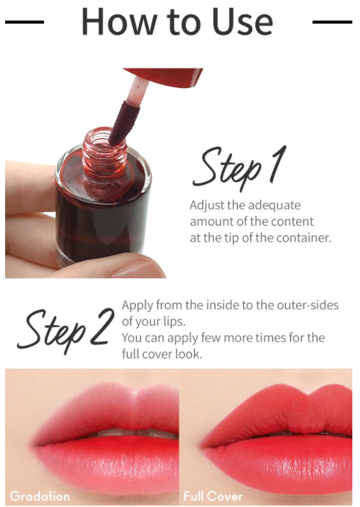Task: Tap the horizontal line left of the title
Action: (x=24, y=22)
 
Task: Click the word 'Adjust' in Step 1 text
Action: (x=206, y=206)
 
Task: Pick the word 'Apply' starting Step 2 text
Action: (x=137, y=305)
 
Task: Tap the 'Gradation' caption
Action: (x=40, y=496)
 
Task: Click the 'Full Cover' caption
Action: (x=213, y=496)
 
